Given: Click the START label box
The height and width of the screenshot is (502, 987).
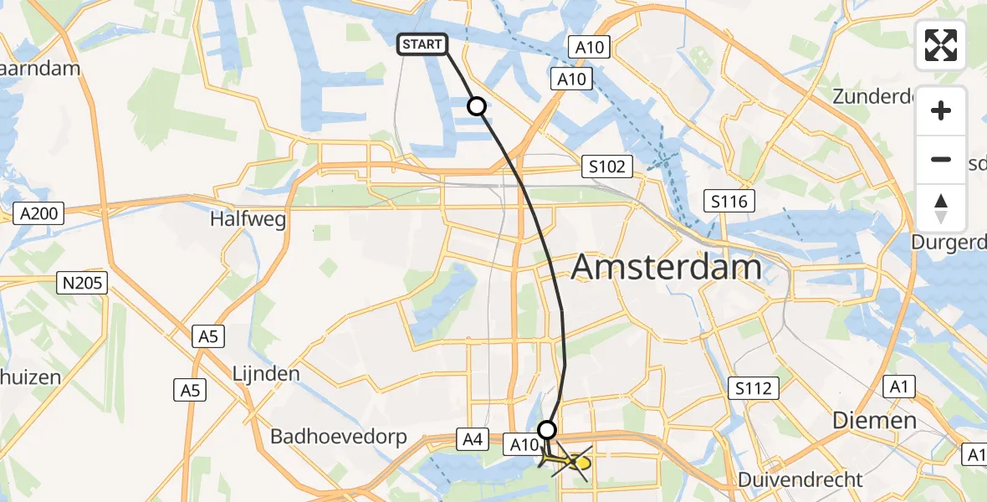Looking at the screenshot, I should tap(423, 44).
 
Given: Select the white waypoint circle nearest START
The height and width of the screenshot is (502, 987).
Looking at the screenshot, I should tap(476, 106).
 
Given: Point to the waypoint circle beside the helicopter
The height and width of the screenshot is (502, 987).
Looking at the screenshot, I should tap(546, 430).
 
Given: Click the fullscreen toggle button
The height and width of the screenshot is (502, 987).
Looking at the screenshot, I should tap(941, 45).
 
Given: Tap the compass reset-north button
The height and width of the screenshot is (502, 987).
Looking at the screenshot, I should tap(941, 208).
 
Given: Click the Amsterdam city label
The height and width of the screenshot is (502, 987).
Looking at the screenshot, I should tap(666, 268).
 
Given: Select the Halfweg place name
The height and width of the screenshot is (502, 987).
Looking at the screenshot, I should tap(249, 219).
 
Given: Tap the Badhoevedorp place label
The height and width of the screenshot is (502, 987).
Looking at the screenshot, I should tap(338, 437).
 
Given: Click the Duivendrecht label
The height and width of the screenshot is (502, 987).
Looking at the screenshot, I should tap(800, 479).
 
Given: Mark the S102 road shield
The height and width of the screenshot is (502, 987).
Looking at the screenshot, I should tap(606, 166).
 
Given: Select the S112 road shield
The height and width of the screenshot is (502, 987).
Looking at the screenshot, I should tap(753, 388).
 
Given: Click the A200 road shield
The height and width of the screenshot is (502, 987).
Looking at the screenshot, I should tap(38, 214).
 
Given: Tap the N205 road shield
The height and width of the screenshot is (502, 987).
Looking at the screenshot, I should tap(80, 283).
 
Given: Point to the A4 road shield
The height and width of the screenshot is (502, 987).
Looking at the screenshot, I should tap(468, 438).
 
